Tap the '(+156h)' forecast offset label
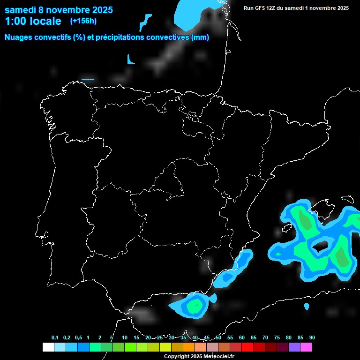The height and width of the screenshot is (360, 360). [83, 21]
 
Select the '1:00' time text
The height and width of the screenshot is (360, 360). [16, 21]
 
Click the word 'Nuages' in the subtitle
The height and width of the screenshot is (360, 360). [20, 37]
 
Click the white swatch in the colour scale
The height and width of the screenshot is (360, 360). [48, 347]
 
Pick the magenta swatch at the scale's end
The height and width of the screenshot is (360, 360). [306, 347]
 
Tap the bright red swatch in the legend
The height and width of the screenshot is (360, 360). [247, 347]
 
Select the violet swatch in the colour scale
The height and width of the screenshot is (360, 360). [294, 347]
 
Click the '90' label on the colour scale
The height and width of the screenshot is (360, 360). [312, 338]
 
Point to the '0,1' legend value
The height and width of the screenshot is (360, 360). [55, 338]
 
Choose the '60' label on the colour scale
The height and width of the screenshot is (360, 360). [242, 338]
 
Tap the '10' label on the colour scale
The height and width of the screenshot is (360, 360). [125, 338]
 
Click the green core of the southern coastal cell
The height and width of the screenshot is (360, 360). [194, 306]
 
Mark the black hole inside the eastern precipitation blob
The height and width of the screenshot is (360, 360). [321, 245]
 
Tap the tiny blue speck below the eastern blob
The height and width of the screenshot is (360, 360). [307, 307]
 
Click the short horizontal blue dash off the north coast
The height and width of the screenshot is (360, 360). [88, 80]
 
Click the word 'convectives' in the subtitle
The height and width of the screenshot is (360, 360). [167, 37]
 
